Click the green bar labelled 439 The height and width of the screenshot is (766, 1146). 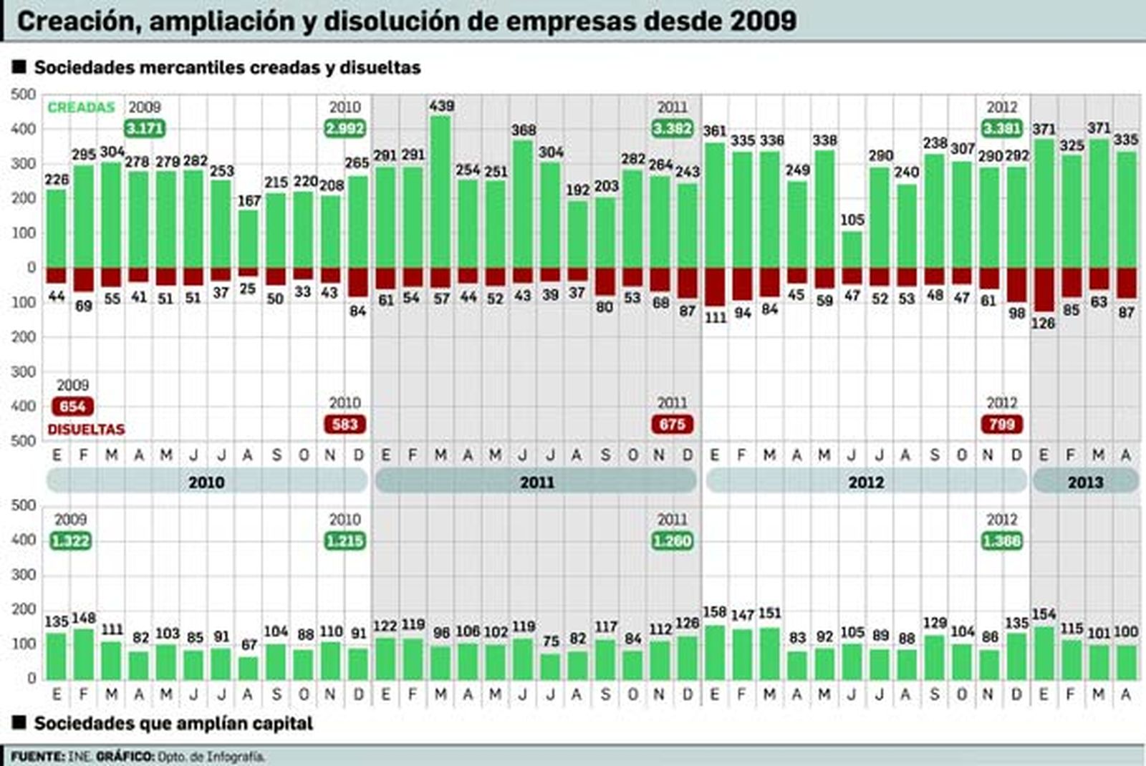[x=441, y=192]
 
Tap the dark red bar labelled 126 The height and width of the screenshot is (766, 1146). [x=1044, y=289]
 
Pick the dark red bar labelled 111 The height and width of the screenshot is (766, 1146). [x=715, y=286]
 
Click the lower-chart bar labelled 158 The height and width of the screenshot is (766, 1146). [x=715, y=652]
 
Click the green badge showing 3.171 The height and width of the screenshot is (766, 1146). [x=145, y=129]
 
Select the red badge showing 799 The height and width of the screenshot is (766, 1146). [x=1001, y=425]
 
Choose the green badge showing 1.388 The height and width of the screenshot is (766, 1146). [x=1001, y=541]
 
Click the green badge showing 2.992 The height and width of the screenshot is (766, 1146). [x=345, y=129]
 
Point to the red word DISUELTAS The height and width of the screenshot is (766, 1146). [x=86, y=430]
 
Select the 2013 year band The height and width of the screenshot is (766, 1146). [x=1085, y=482]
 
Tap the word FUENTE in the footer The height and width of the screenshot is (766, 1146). [x=37, y=757]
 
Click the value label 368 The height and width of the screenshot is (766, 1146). [x=524, y=130]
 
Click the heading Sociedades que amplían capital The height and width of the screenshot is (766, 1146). [x=173, y=724]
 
